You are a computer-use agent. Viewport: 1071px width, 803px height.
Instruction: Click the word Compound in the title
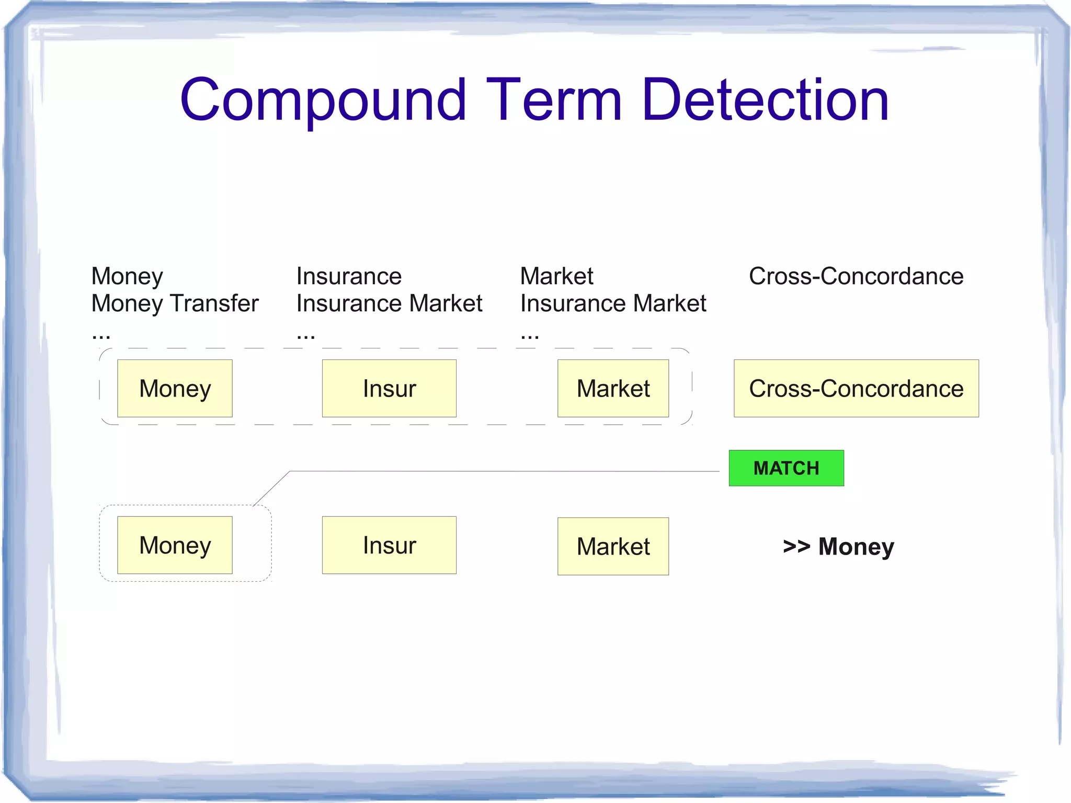pyautogui.click(x=323, y=99)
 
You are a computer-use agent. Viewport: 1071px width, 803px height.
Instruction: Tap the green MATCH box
pyautogui.click(x=786, y=468)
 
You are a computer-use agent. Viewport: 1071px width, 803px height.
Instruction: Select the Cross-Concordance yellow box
pyautogui.click(x=856, y=389)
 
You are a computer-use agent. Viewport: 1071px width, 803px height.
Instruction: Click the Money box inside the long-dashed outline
pyautogui.click(x=175, y=389)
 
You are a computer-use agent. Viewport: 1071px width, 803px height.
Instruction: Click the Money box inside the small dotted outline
pyautogui.click(x=175, y=545)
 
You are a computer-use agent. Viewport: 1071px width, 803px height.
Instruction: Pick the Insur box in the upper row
pyautogui.click(x=389, y=389)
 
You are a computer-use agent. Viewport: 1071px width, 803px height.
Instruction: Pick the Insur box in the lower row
pyautogui.click(x=389, y=545)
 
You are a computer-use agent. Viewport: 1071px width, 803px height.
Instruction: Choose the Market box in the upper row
pyautogui.click(x=613, y=389)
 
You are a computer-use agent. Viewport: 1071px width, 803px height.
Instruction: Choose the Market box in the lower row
pyautogui.click(x=613, y=546)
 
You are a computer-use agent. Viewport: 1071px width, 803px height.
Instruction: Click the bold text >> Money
pyautogui.click(x=838, y=547)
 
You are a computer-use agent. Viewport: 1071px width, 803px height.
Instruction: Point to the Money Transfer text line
pyautogui.click(x=175, y=303)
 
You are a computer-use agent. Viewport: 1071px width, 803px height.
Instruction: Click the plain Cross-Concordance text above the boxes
pyautogui.click(x=856, y=276)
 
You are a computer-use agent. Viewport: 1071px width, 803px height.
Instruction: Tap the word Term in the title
pyautogui.click(x=554, y=99)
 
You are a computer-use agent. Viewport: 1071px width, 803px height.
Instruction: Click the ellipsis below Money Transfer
pyautogui.click(x=101, y=335)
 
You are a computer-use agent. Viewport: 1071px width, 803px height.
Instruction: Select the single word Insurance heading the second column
pyautogui.click(x=349, y=276)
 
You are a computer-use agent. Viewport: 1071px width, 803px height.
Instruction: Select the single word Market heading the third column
pyautogui.click(x=556, y=276)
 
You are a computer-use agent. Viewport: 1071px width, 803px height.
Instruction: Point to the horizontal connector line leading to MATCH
pyautogui.click(x=502, y=471)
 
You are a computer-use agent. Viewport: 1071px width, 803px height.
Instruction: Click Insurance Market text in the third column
pyautogui.click(x=613, y=303)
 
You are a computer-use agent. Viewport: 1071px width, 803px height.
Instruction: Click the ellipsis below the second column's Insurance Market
pyautogui.click(x=306, y=335)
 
